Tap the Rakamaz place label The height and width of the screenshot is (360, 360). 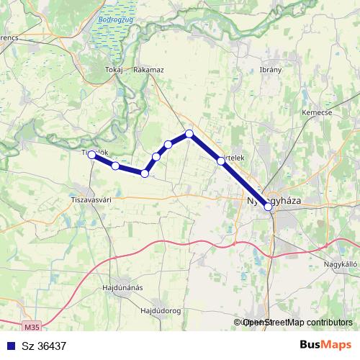coord(149,70)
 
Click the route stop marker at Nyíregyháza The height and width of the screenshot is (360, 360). coord(269,207)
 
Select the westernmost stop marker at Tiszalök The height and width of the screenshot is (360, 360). coord(92,154)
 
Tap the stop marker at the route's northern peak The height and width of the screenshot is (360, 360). coord(189,133)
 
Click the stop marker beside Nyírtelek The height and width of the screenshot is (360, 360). coord(221,161)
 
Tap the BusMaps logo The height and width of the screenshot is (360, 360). coord(325,345)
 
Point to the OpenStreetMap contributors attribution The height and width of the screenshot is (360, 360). coord(294,323)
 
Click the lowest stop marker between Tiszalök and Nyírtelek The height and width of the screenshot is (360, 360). coord(145,173)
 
